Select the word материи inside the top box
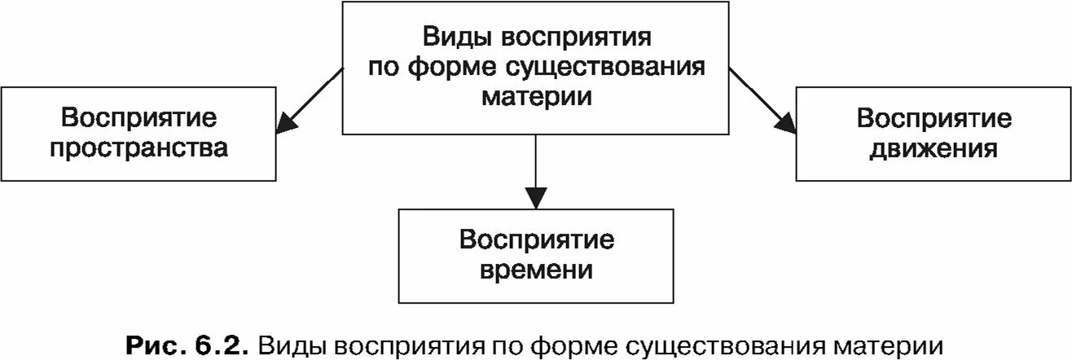535,94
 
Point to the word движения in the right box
934,149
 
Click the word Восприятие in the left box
138,119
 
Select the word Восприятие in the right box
934,119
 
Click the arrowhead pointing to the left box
285,125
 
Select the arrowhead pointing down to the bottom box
534,198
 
